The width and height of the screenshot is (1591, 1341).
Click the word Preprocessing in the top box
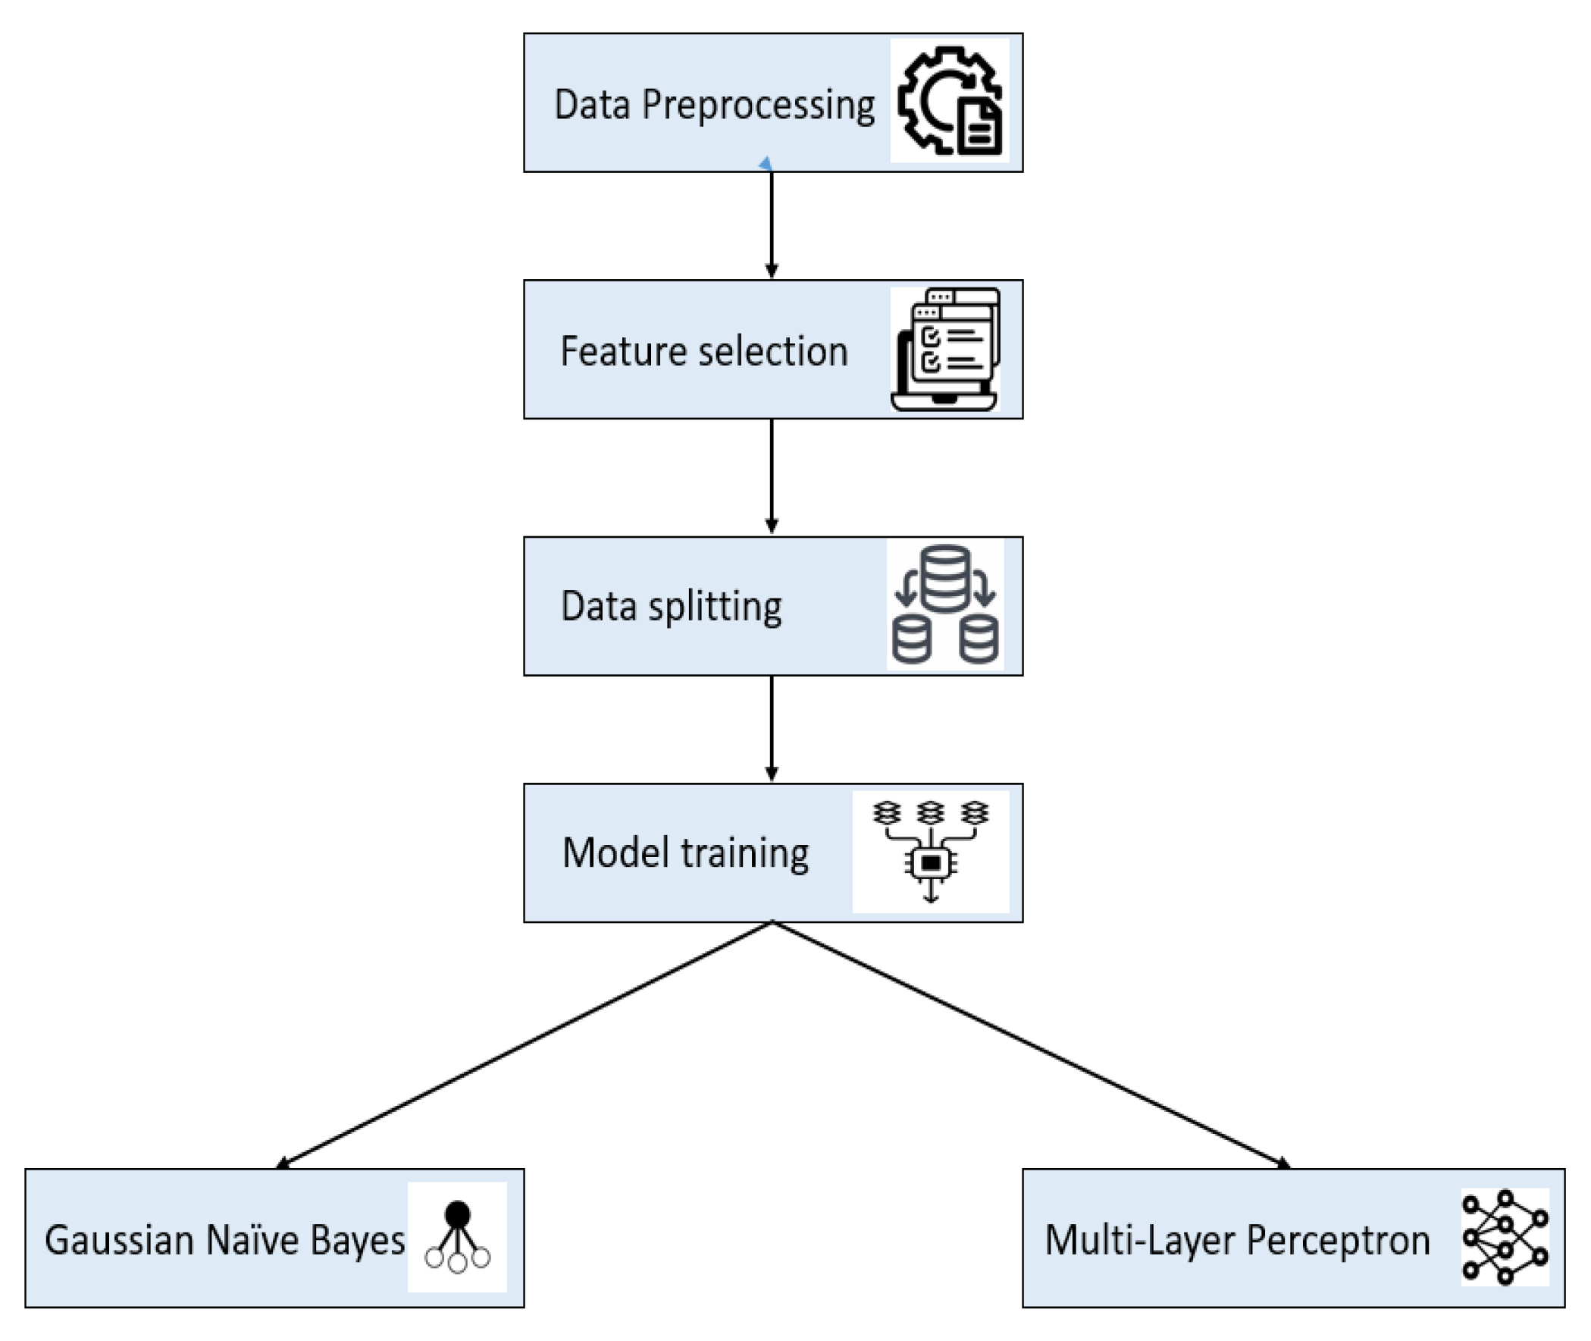[x=757, y=105]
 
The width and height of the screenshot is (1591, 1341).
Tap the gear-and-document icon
[x=950, y=101]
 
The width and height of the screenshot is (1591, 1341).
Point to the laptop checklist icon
[x=946, y=349]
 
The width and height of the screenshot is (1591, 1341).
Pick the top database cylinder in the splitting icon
[x=945, y=579]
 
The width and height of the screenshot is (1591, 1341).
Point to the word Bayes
[x=357, y=1241]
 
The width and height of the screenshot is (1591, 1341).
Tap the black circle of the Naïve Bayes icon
[x=457, y=1214]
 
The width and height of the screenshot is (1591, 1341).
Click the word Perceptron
[x=1339, y=1241]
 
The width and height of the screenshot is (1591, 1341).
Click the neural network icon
[x=1505, y=1238]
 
